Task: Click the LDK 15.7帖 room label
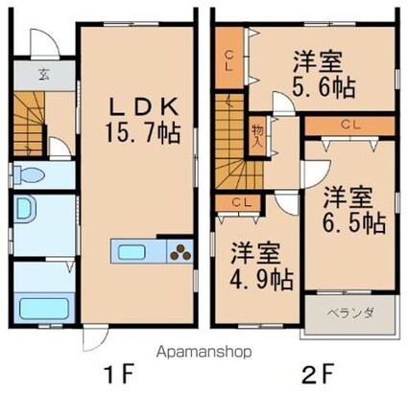[142, 120]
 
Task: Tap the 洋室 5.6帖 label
[324, 74]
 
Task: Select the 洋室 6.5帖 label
[353, 210]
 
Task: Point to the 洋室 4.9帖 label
[261, 266]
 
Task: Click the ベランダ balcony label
[350, 312]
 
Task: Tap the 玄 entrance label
[44, 76]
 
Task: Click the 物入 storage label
[257, 135]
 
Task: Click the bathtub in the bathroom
[44, 308]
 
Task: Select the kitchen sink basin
[132, 252]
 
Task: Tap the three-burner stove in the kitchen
[180, 252]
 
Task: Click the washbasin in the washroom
[25, 209]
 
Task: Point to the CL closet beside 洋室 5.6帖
[228, 58]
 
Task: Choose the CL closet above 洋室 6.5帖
[350, 126]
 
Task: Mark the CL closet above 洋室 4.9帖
[238, 202]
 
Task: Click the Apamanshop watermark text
[204, 352]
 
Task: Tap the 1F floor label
[118, 374]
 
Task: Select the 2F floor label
[319, 374]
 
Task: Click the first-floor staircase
[29, 124]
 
